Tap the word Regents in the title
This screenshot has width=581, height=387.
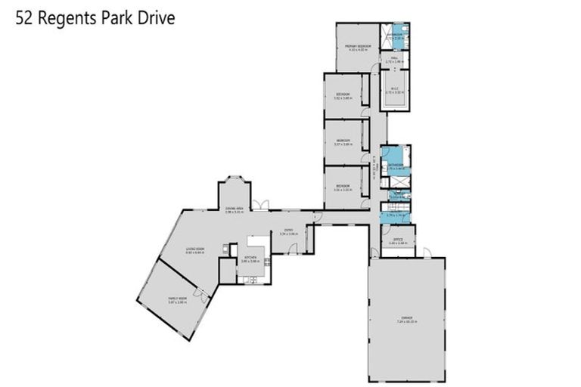65,17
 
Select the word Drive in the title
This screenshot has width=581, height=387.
157,17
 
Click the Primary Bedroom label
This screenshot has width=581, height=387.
356,47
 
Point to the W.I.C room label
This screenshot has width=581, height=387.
394,88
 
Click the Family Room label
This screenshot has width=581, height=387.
177,299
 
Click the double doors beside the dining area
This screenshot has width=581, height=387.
260,205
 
